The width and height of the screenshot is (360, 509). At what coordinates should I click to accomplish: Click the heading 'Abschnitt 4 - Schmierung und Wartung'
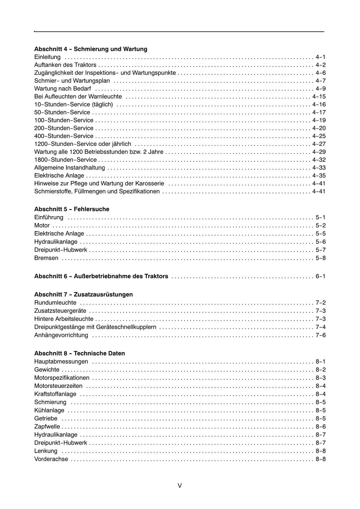click(91, 49)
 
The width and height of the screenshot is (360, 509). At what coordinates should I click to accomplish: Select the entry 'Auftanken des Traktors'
click(65, 65)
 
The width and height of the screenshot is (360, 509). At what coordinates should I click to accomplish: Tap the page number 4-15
click(319, 97)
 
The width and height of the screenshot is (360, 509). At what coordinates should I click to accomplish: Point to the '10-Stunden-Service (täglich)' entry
click(73, 104)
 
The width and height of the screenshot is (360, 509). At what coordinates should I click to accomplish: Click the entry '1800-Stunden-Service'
click(65, 160)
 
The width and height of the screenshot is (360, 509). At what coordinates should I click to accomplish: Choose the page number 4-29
click(319, 152)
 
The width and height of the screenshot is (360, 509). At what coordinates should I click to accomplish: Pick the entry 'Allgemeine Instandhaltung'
click(69, 168)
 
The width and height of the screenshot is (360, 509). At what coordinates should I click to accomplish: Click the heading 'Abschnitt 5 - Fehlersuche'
click(72, 209)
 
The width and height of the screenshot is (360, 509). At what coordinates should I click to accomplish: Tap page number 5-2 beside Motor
click(321, 226)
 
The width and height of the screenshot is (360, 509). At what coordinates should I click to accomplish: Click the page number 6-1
click(321, 276)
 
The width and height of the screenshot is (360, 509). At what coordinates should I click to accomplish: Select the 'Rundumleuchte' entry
click(55, 303)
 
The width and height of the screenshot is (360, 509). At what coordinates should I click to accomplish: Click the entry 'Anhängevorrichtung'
click(61, 335)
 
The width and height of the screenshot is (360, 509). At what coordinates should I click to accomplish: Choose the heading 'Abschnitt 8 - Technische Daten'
click(79, 353)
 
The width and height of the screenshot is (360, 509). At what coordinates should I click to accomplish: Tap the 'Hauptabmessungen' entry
click(61, 362)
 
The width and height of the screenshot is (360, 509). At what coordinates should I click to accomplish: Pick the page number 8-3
click(321, 378)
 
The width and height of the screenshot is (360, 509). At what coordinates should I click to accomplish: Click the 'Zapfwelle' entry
click(47, 427)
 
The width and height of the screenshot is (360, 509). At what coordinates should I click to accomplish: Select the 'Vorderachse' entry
click(51, 459)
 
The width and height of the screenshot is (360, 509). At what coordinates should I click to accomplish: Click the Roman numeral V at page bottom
click(180, 486)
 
